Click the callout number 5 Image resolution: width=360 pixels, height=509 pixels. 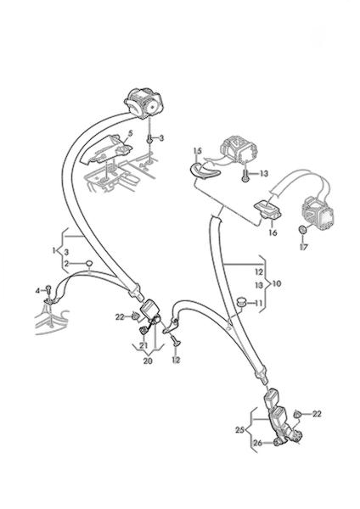(130, 133)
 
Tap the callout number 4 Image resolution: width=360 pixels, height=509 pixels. (37, 290)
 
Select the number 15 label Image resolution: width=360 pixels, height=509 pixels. (198, 151)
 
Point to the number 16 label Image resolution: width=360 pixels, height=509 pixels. (273, 232)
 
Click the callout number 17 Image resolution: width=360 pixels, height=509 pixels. (304, 247)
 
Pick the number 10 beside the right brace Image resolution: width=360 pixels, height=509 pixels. (277, 283)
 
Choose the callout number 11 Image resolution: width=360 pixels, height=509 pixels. (258, 303)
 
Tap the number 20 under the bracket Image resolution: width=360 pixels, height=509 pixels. (148, 361)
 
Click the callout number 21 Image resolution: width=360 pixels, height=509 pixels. (143, 346)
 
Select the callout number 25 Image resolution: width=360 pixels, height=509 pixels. (239, 430)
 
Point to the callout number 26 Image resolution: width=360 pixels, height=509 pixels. (257, 443)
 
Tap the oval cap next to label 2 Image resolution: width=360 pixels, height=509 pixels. (88, 263)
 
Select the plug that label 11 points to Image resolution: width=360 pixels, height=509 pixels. (242, 301)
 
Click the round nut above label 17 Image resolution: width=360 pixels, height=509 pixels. (302, 230)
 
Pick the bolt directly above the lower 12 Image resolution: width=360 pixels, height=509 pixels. (176, 341)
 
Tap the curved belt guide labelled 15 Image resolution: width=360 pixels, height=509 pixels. (204, 171)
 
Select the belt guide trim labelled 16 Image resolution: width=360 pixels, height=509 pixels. (267, 210)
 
